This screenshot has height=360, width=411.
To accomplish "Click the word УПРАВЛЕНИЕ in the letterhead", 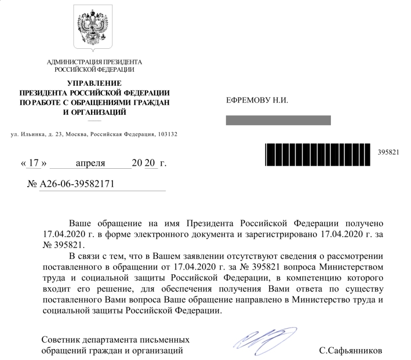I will (94, 83).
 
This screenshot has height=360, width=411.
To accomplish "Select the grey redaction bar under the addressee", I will (278, 121).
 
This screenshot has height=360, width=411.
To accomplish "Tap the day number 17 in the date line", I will (34, 164).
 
